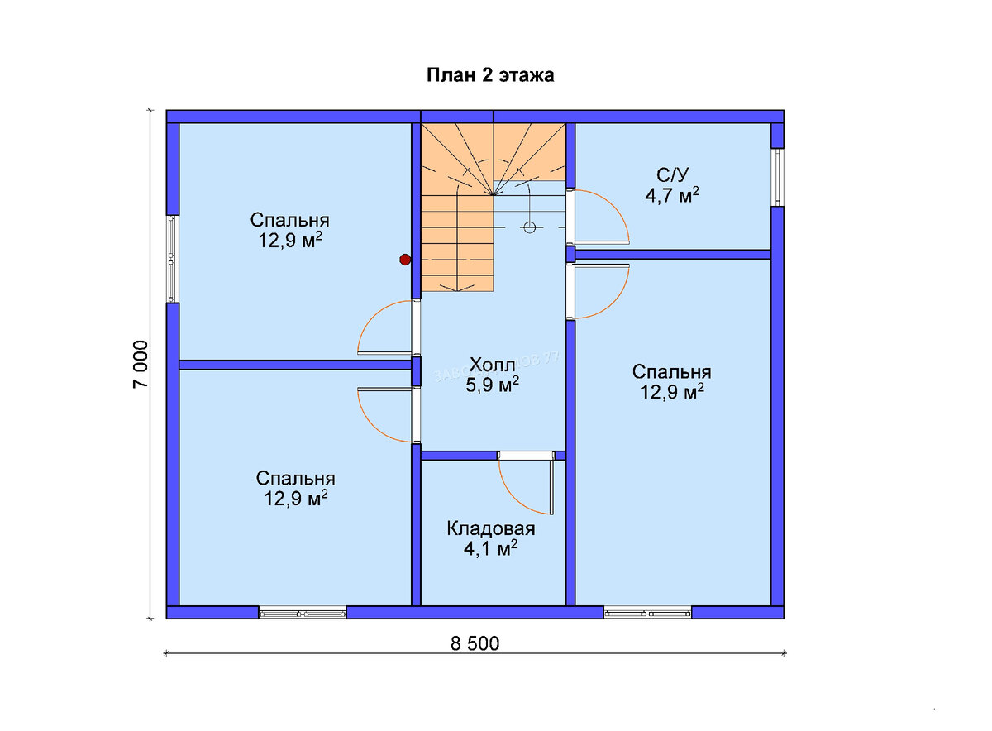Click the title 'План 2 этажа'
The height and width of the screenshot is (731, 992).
[490, 75]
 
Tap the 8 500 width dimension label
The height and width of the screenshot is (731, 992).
[475, 643]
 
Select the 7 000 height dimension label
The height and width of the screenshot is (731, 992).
[141, 365]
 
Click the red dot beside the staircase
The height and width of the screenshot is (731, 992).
[405, 260]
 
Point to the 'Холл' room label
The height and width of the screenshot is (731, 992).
[492, 365]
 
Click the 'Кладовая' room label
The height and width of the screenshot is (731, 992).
[491, 528]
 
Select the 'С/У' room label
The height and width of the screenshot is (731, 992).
[673, 175]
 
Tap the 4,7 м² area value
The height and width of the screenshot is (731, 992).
[672, 195]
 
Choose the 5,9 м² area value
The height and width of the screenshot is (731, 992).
[492, 385]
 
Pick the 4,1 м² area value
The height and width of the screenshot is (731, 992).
[491, 548]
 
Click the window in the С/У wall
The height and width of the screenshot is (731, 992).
[777, 177]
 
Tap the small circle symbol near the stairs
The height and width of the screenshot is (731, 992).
[529, 227]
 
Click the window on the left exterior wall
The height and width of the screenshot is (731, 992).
[173, 259]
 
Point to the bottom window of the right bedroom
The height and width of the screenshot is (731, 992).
[647, 614]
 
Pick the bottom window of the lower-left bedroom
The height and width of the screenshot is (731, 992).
[303, 614]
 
